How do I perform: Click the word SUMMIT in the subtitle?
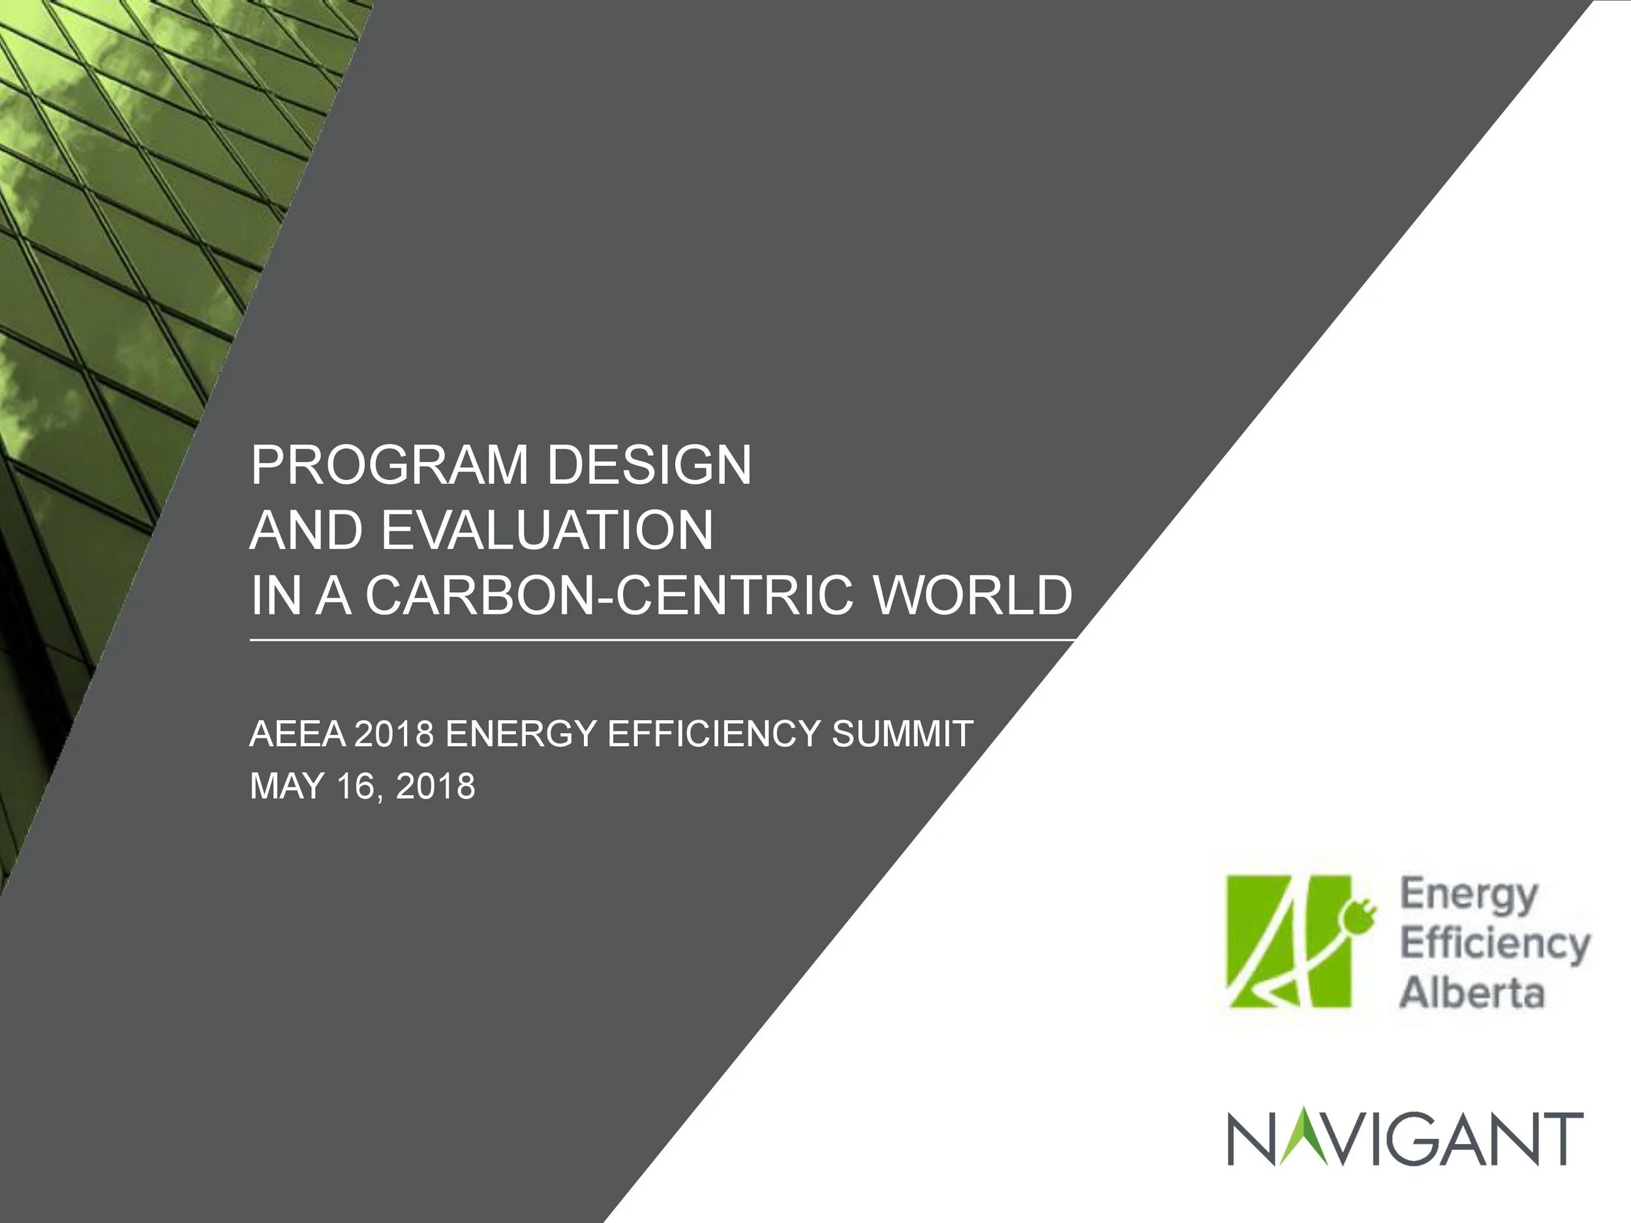point(902,734)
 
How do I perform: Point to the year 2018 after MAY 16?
point(435,787)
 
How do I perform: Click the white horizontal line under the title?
point(662,641)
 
